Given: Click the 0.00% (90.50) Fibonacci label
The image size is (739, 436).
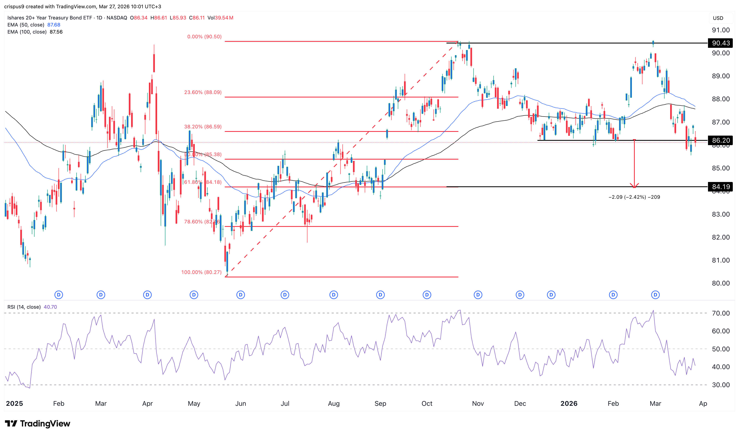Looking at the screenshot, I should pyautogui.click(x=204, y=37).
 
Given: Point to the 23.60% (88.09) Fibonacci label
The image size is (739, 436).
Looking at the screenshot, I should pyautogui.click(x=203, y=92).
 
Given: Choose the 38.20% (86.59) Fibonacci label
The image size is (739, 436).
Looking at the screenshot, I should pyautogui.click(x=203, y=127).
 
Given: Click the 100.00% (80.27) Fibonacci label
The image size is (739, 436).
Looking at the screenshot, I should pyautogui.click(x=201, y=272).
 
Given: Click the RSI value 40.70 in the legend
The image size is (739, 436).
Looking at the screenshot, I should pyautogui.click(x=50, y=307).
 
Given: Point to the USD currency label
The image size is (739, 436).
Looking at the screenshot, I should pyautogui.click(x=718, y=18).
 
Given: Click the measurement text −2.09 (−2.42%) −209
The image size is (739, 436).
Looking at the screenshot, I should pyautogui.click(x=634, y=197).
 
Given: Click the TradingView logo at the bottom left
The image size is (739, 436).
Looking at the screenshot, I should pyautogui.click(x=38, y=423).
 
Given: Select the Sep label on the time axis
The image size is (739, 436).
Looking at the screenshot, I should pyautogui.click(x=380, y=404).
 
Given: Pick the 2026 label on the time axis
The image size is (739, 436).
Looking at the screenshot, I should pyautogui.click(x=569, y=404).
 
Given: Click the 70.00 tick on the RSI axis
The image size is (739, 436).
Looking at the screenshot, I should pyautogui.click(x=721, y=313).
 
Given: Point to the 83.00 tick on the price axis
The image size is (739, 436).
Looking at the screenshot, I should pyautogui.click(x=721, y=214).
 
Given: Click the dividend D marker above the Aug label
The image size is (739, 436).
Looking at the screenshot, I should pyautogui.click(x=334, y=295).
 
